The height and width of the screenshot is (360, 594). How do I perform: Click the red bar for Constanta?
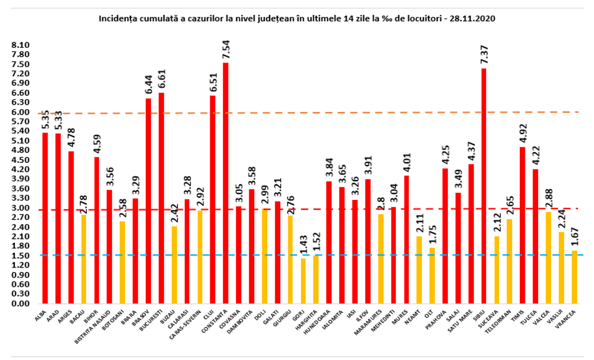click(x=226, y=183)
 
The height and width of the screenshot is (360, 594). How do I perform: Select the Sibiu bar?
click(x=484, y=186)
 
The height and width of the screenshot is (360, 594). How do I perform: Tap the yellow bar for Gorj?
click(x=303, y=281)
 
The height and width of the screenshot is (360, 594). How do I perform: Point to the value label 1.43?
click(x=303, y=247)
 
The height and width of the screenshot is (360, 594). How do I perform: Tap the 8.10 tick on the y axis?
click(x=20, y=45)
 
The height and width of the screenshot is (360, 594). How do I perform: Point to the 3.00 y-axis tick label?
click(x=20, y=208)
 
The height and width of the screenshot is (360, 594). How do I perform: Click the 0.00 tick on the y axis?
click(x=20, y=304)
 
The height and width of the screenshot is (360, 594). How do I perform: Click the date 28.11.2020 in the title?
click(x=473, y=18)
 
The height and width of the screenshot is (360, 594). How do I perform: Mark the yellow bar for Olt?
click(x=432, y=275)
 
